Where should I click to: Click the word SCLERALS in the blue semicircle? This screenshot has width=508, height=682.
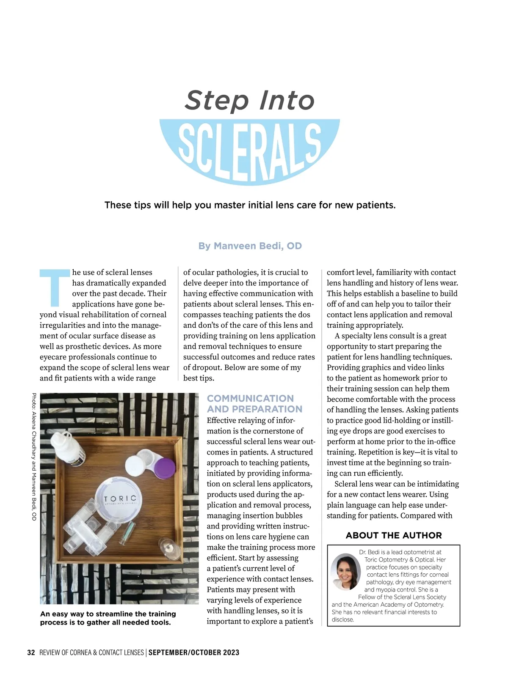[250, 151]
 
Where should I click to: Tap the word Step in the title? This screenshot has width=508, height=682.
[216, 101]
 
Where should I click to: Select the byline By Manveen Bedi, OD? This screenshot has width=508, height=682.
[250, 246]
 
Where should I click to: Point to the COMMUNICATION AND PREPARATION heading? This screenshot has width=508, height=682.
[254, 404]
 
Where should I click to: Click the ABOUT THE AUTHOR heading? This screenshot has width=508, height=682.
[393, 535]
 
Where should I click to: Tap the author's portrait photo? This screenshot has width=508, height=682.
[346, 572]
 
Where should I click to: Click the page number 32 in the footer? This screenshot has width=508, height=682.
[31, 652]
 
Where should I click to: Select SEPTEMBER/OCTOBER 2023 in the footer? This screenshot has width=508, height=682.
[194, 652]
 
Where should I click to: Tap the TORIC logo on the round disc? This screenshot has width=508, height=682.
[120, 499]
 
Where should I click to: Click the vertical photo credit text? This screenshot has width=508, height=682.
[34, 457]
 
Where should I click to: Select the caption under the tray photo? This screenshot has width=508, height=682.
[108, 618]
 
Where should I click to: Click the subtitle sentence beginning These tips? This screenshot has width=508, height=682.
[250, 205]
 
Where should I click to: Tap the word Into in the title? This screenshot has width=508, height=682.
[287, 101]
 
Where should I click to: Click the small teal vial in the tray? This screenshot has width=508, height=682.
[127, 534]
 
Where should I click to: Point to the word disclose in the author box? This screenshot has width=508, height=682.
[342, 619]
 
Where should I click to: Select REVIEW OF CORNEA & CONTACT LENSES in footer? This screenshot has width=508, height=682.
[91, 652]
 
